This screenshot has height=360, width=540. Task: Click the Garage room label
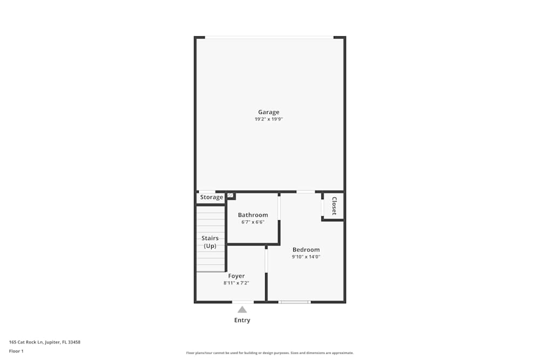pyautogui.click(x=268, y=112)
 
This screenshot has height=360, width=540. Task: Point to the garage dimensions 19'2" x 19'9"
pyautogui.click(x=268, y=119)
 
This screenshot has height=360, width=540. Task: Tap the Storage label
pyautogui.click(x=212, y=197)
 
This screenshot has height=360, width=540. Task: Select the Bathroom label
pyautogui.click(x=253, y=215)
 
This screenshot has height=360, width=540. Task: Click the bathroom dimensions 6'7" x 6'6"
pyautogui.click(x=253, y=222)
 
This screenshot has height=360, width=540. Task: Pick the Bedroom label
pyautogui.click(x=306, y=249)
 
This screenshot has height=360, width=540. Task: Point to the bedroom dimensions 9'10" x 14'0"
pyautogui.click(x=306, y=257)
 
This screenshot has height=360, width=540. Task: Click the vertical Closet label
pyautogui.click(x=334, y=206)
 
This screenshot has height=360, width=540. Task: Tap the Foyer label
pyautogui.click(x=237, y=276)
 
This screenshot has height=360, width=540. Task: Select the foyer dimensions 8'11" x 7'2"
pyautogui.click(x=237, y=283)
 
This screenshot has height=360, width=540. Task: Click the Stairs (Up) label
pyautogui.click(x=210, y=242)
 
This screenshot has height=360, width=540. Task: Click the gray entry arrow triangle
pyautogui.click(x=242, y=310)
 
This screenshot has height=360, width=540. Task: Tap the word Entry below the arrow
pyautogui.click(x=242, y=320)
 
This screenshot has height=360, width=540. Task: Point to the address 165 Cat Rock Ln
pyautogui.click(x=26, y=342)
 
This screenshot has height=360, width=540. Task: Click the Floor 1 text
pyautogui.click(x=16, y=351)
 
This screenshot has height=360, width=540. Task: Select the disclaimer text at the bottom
pyautogui.click(x=269, y=353)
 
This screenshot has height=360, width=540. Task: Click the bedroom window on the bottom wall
pyautogui.click(x=294, y=302)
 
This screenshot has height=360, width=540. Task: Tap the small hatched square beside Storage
pyautogui.click(x=230, y=195)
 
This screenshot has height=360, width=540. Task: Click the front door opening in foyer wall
pyautogui.click(x=243, y=302)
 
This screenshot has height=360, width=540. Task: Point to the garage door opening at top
pyautogui.click(x=269, y=37)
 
